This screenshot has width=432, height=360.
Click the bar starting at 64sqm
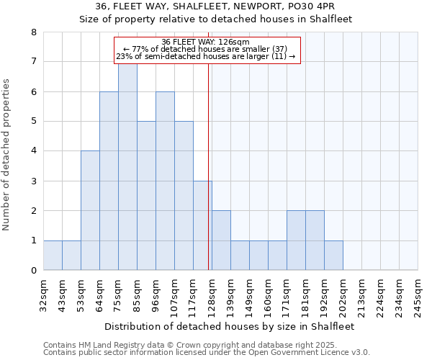[x=109, y=181]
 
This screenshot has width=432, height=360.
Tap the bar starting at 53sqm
[x=90, y=210]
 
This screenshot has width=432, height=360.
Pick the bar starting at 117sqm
[x=202, y=225]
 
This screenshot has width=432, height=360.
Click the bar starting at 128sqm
[x=221, y=240]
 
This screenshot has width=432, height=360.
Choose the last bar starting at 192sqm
[x=333, y=256]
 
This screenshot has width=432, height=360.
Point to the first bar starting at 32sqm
[x=53, y=256]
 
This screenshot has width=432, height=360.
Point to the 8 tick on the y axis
[x=33, y=32]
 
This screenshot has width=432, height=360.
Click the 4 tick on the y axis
[x=33, y=151]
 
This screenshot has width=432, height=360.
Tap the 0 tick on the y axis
[x=33, y=271]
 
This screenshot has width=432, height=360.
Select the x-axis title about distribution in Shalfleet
[x=230, y=326]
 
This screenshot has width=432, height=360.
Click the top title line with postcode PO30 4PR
[x=215, y=6]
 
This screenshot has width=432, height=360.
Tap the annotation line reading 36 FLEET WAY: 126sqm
[x=206, y=42]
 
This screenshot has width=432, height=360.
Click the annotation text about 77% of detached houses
[x=206, y=49]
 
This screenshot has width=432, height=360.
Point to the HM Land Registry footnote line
[x=206, y=345]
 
